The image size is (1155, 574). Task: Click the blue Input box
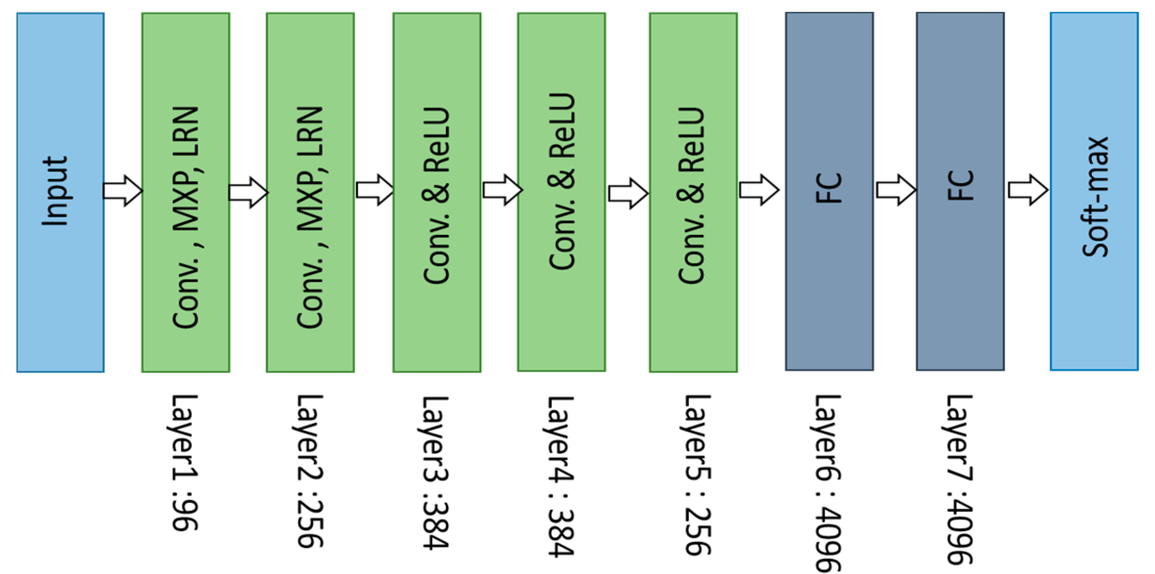point(60,192)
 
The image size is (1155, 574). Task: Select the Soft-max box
point(1094,192)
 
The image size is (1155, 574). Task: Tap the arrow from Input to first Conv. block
point(123,190)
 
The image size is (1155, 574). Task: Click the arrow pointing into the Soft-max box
point(1027,190)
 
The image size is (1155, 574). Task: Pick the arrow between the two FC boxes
point(895,190)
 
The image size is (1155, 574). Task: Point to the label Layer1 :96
point(185,462)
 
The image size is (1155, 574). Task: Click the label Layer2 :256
point(310,470)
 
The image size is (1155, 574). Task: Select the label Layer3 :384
point(435,472)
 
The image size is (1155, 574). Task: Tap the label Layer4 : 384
point(561,476)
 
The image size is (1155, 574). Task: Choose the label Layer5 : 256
point(697,474)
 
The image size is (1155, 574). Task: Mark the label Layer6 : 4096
point(828,482)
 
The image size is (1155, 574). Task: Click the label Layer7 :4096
point(959,479)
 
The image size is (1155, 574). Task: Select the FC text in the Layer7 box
point(960,186)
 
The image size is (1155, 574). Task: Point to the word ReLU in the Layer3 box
point(436,140)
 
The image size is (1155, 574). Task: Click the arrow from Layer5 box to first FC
point(758,190)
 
